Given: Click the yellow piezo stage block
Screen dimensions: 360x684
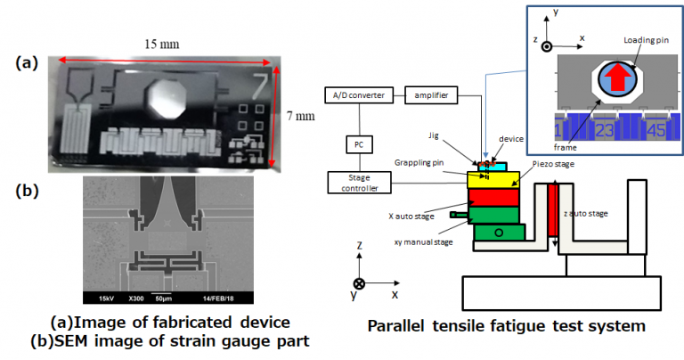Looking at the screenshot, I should coord(493,180).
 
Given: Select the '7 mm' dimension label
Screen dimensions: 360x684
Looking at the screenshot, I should coord(302,116).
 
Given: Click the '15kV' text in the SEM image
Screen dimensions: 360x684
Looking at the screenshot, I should coord(104,298).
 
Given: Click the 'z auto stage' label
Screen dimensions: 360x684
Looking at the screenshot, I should coord(589,214).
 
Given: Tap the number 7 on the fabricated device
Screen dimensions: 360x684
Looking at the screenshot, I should coord(259,86).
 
